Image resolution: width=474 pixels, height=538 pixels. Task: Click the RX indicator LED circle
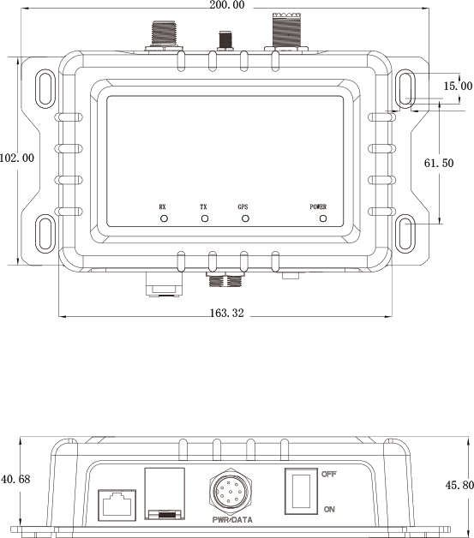[163, 218]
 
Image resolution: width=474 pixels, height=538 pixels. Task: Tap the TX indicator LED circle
[204, 218]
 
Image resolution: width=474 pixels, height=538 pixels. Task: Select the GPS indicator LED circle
[244, 218]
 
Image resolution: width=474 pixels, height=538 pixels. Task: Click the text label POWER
[318, 206]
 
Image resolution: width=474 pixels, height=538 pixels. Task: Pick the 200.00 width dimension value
[226, 5]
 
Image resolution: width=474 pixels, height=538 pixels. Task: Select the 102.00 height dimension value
[16, 158]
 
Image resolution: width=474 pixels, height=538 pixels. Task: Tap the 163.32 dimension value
[226, 314]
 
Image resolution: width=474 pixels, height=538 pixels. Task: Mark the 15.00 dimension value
[458, 86]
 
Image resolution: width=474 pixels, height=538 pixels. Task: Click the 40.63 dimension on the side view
[15, 478]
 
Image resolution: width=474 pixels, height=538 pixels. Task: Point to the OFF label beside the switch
[329, 474]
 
